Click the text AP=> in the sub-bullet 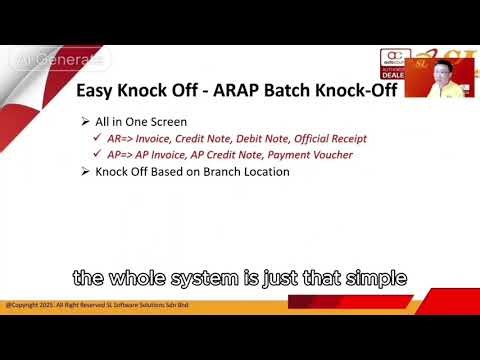[124, 155]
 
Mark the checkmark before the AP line [99, 155]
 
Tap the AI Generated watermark [57, 61]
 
